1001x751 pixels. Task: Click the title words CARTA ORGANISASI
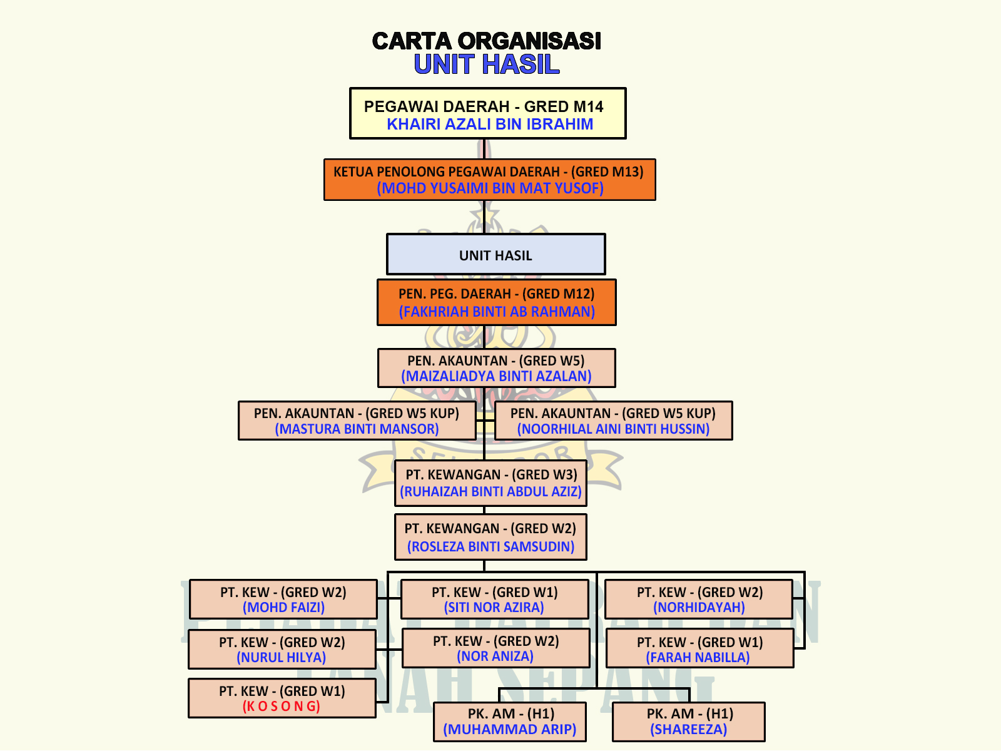486,41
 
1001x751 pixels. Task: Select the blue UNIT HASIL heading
486,64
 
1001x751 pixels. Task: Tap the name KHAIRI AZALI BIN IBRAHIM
489,124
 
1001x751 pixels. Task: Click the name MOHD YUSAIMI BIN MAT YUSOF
490,188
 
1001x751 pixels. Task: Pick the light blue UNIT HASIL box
495,254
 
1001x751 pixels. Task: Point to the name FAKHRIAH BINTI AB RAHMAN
497,312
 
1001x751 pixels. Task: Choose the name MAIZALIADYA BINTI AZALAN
496,376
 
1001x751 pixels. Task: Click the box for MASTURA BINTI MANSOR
357,421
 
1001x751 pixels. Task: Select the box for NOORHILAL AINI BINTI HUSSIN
613,421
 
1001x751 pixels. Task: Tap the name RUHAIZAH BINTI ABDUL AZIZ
491,492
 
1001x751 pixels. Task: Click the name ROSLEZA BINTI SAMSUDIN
490,546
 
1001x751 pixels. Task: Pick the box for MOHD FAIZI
283,600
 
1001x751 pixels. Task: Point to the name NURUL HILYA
282,657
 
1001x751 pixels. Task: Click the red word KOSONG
282,706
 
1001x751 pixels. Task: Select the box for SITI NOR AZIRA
494,600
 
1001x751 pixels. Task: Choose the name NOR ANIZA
495,656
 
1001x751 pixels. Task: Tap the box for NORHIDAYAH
699,600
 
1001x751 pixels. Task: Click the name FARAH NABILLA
698,657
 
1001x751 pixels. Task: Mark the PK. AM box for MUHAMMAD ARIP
509,722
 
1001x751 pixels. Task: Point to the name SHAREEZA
688,729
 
